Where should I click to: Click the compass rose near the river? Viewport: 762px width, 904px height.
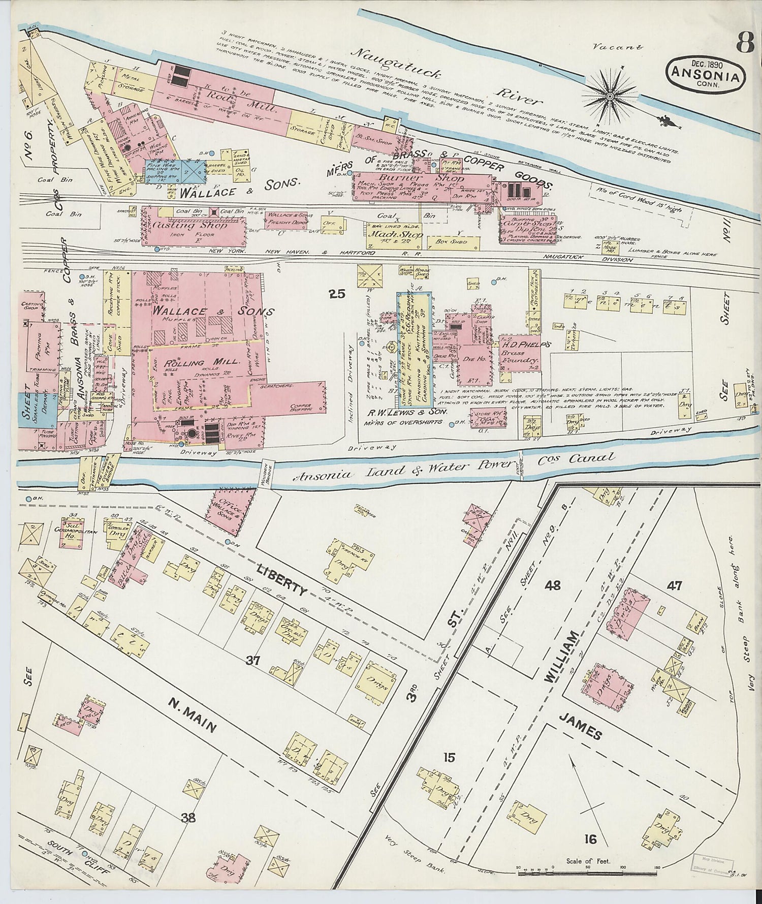click(610, 93)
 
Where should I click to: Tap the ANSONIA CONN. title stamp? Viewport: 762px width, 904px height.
click(707, 73)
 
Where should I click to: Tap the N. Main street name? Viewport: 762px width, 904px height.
click(193, 716)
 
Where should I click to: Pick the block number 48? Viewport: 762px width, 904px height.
click(553, 585)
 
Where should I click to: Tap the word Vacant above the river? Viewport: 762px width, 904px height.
click(618, 47)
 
